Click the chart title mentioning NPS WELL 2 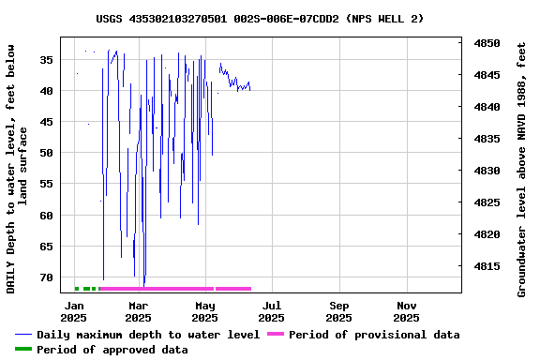click(x=260, y=19)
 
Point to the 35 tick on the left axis click(x=44, y=59)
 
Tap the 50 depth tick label click(x=44, y=153)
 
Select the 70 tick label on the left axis click(x=44, y=277)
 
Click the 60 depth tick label click(x=44, y=216)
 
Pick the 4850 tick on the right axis click(x=487, y=43)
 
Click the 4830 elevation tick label click(x=487, y=171)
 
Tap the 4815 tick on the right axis click(x=487, y=266)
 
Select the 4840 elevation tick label click(x=487, y=107)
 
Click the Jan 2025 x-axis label click(x=73, y=311)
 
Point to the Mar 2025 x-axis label click(x=138, y=311)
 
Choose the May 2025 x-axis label click(x=204, y=311)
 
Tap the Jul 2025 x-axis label click(x=272, y=311)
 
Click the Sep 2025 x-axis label click(x=339, y=311)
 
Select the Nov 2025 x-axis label click(x=407, y=311)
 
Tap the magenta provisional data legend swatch click(x=275, y=335)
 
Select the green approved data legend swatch click(x=23, y=350)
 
